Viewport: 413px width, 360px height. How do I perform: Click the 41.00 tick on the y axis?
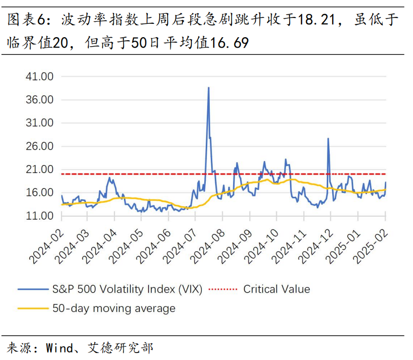40,77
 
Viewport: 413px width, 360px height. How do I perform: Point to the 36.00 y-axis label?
40,100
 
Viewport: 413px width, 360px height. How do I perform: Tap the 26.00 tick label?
40,146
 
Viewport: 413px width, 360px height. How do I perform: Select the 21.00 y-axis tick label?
40,170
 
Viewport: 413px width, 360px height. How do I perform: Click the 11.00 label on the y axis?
40,216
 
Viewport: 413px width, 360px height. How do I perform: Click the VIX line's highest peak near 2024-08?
208,88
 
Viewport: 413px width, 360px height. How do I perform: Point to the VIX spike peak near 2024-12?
328,139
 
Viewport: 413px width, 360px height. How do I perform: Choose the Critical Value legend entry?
276,289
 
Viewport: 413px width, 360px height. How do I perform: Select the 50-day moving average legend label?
114,308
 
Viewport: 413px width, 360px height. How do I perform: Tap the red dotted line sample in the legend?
224,289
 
